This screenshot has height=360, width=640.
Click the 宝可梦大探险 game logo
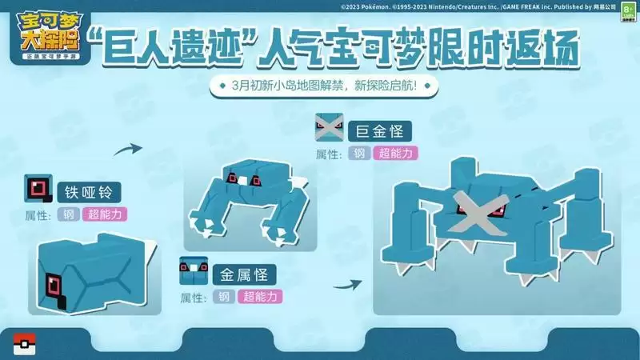tap(46, 35)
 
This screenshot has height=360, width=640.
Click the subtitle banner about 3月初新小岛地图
tap(319, 86)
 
